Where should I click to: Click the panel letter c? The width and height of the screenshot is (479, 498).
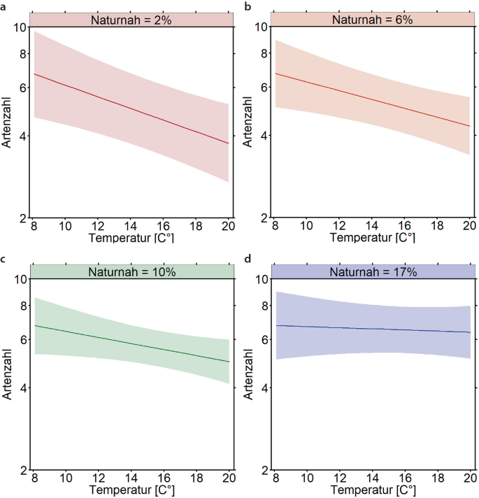pos(4,258)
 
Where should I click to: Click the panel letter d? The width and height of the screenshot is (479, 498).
pos(245,258)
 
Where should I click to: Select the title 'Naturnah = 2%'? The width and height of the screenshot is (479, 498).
pos(131,20)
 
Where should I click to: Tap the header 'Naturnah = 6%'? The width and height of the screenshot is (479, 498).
pos(372,20)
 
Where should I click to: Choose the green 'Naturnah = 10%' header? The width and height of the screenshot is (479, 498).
pos(131,272)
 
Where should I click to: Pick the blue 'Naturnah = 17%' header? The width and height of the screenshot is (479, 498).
pos(372,272)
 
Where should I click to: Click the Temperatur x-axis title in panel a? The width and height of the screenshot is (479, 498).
pos(131,238)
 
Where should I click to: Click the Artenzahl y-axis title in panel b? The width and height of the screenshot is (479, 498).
pos(248,122)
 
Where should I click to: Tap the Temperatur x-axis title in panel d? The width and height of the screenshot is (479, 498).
pos(372,489)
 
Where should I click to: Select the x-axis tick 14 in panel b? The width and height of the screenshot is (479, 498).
pos(372,227)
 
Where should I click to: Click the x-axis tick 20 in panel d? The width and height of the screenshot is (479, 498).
pos(469,478)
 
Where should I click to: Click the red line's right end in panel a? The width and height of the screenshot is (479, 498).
pos(229,143)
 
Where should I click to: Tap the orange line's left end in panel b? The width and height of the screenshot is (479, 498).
pos(276,73)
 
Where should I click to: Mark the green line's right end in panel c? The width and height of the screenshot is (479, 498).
pos(229,362)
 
